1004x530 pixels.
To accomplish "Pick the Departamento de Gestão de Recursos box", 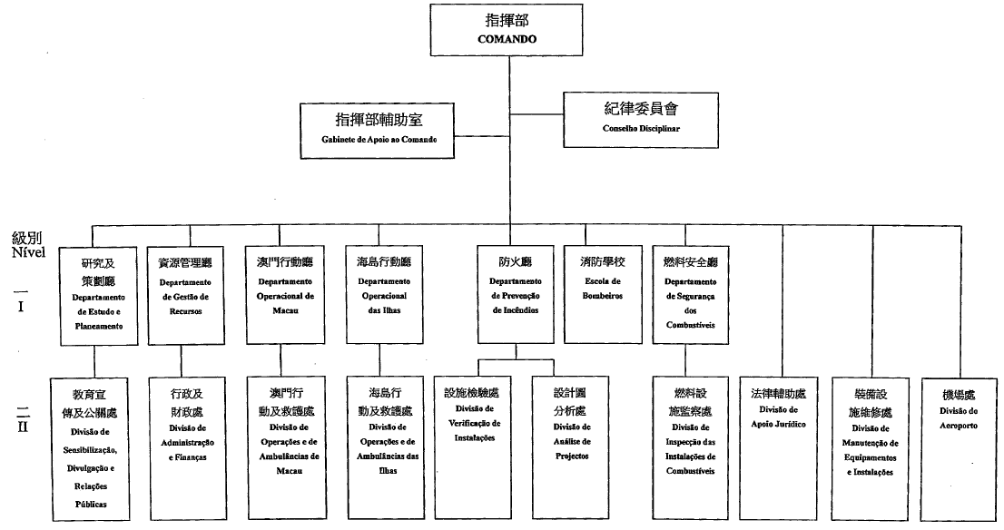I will pos(184,294).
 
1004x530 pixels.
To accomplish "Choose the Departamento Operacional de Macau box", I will pos(284,294).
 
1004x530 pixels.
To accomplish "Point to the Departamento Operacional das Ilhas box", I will pos(384,294).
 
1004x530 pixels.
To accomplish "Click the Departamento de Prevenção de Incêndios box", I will pos(515,294).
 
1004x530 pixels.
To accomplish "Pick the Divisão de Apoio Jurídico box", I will pos(779,444).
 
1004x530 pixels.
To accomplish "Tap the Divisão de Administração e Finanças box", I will pos(187,444).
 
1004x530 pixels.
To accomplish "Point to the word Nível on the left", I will pos(29,252).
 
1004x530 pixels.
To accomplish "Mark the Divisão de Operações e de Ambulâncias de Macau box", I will pos(283,444).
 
